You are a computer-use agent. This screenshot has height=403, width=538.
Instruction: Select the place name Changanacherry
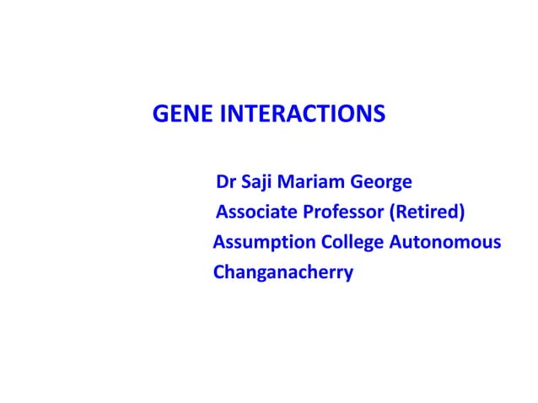pyautogui.click(x=282, y=274)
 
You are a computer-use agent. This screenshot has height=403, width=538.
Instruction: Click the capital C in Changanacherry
pyautogui.click(x=219, y=273)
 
